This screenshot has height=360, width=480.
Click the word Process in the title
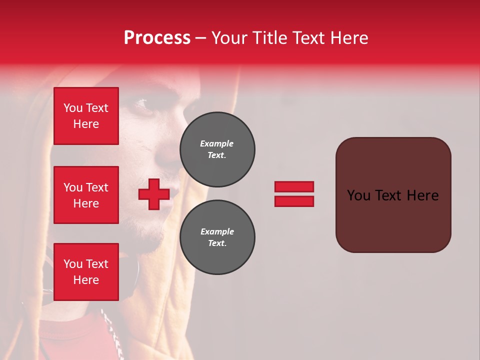[x=157, y=38]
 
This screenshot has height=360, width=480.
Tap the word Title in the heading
[x=269, y=38]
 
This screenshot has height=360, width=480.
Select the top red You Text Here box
[x=86, y=116]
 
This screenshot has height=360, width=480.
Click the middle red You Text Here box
[x=86, y=195]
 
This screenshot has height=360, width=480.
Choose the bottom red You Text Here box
[x=86, y=272]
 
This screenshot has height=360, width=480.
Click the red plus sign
[x=154, y=194]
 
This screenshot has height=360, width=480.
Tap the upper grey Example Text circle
[x=217, y=149]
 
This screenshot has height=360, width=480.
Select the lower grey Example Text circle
[x=217, y=237]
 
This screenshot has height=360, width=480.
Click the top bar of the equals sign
[x=294, y=186]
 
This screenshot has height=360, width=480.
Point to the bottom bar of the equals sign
[x=294, y=201]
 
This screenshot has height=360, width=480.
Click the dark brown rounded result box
[x=393, y=220]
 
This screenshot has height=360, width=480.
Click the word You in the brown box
[x=358, y=195]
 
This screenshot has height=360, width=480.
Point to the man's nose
[x=167, y=155]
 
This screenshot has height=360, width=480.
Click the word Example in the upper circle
[x=217, y=143]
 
